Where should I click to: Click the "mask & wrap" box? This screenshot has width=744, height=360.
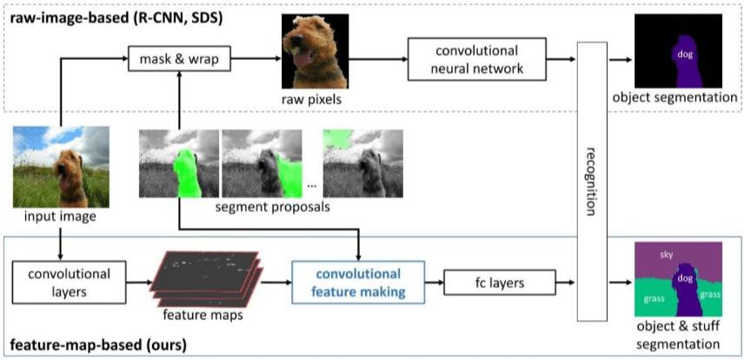coord(180,60)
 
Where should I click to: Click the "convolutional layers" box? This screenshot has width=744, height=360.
coord(68,283)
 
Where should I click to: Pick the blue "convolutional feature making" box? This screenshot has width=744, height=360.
coord(358,283)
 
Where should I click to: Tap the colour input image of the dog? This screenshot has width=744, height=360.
coord(61,167)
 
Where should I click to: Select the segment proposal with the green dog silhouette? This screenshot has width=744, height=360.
coord(179,163)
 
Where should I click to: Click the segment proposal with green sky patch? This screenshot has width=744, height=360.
coord(363,163)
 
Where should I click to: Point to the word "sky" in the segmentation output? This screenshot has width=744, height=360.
coord(666,255)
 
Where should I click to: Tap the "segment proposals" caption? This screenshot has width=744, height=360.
coord(272,208)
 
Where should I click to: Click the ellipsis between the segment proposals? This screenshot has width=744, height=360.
coord(312,186)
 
